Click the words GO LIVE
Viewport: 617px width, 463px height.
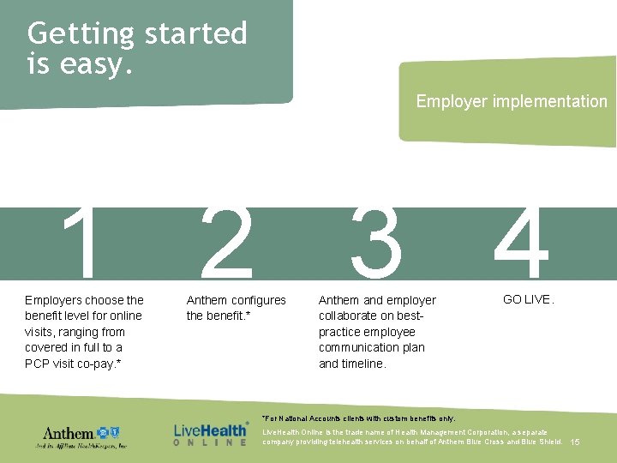pos(529,300)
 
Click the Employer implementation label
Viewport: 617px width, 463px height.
pos(512,101)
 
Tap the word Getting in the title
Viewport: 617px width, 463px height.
pos(81,34)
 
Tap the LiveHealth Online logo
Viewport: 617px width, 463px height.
pos(211,433)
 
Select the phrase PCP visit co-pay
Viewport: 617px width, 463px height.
pos(73,364)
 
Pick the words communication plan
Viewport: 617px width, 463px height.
pos(371,347)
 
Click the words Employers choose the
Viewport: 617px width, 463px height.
pos(84,300)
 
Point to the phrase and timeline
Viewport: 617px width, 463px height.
pos(352,364)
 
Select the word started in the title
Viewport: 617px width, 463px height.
pos(195,34)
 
